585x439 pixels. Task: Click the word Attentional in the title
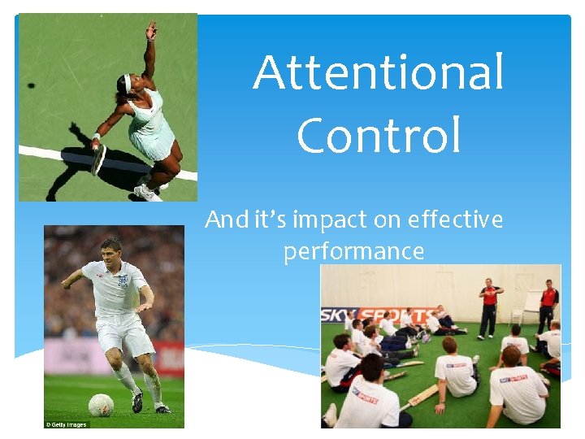tap(378, 73)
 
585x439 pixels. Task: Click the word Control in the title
tap(379, 135)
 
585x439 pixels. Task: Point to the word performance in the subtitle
tap(353, 251)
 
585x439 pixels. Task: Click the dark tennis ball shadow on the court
tap(31, 85)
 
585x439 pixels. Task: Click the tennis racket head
tap(99, 159)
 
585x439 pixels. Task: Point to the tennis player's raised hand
tap(150, 31)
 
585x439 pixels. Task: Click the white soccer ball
tap(100, 405)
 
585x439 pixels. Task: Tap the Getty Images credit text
tap(64, 424)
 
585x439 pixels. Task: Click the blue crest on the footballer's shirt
tap(123, 280)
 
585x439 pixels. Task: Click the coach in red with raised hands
tap(489, 306)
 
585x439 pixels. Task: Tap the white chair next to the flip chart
tap(518, 318)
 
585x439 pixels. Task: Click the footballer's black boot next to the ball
tap(137, 402)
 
